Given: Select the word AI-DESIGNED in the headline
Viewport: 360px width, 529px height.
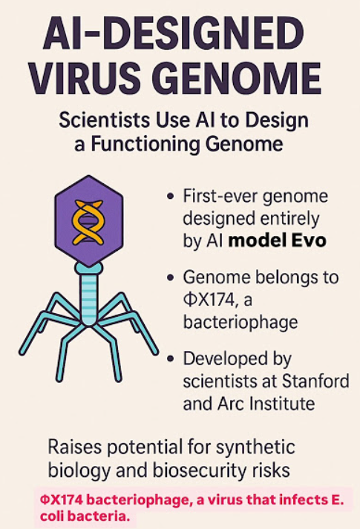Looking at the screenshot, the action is point(173,33).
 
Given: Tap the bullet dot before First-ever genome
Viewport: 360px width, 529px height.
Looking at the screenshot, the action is point(171,196).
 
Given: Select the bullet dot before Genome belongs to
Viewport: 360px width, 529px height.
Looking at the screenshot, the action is point(171,277).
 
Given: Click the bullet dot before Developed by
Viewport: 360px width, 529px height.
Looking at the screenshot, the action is point(171,358).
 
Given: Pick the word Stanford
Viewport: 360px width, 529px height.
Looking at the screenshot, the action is point(315,381).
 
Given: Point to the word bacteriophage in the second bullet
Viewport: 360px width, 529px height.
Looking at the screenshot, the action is point(240,323).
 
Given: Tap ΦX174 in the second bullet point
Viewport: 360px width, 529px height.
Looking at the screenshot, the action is point(208,300).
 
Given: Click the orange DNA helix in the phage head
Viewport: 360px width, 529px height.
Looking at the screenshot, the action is point(88,223).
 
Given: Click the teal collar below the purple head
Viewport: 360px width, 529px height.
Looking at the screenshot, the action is point(89,269).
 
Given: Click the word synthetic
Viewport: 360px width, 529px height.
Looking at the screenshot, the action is point(255,447).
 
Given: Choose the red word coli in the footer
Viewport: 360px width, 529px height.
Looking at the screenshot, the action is point(53,516).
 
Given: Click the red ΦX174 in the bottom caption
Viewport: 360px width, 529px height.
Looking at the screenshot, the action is point(62,499).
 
